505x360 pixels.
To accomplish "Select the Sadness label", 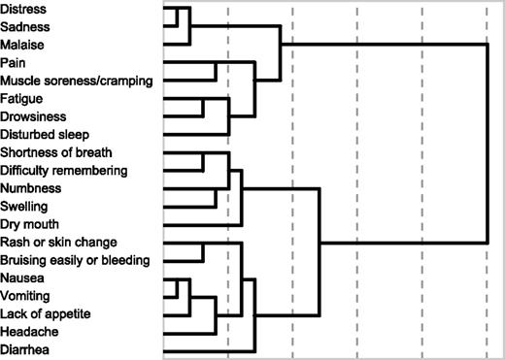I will tap(25, 27).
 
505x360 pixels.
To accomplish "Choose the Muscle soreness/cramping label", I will tap(76, 81).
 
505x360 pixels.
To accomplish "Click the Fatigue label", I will tap(22, 98).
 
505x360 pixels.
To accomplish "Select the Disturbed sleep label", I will tap(45, 134).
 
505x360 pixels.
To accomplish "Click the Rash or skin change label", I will tap(59, 242).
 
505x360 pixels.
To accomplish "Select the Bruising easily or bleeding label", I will tap(75, 259).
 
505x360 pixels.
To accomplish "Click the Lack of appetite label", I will tap(45, 312).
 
